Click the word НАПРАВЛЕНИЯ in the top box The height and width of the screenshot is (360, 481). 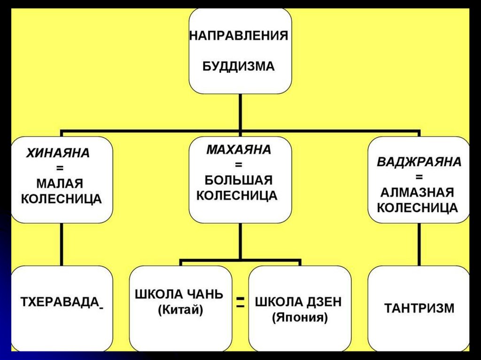[239, 36]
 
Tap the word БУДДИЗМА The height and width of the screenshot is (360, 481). [239, 66]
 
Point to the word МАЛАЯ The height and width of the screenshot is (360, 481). [61, 183]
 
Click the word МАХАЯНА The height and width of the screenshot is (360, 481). [239, 151]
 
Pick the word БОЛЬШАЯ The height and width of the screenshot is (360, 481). [239, 180]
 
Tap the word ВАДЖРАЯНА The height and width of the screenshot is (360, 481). [419, 162]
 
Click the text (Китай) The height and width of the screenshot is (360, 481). [181, 310]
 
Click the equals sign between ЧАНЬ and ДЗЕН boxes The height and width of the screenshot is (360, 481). [240, 302]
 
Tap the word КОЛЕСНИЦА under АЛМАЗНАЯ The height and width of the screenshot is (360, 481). [418, 207]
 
